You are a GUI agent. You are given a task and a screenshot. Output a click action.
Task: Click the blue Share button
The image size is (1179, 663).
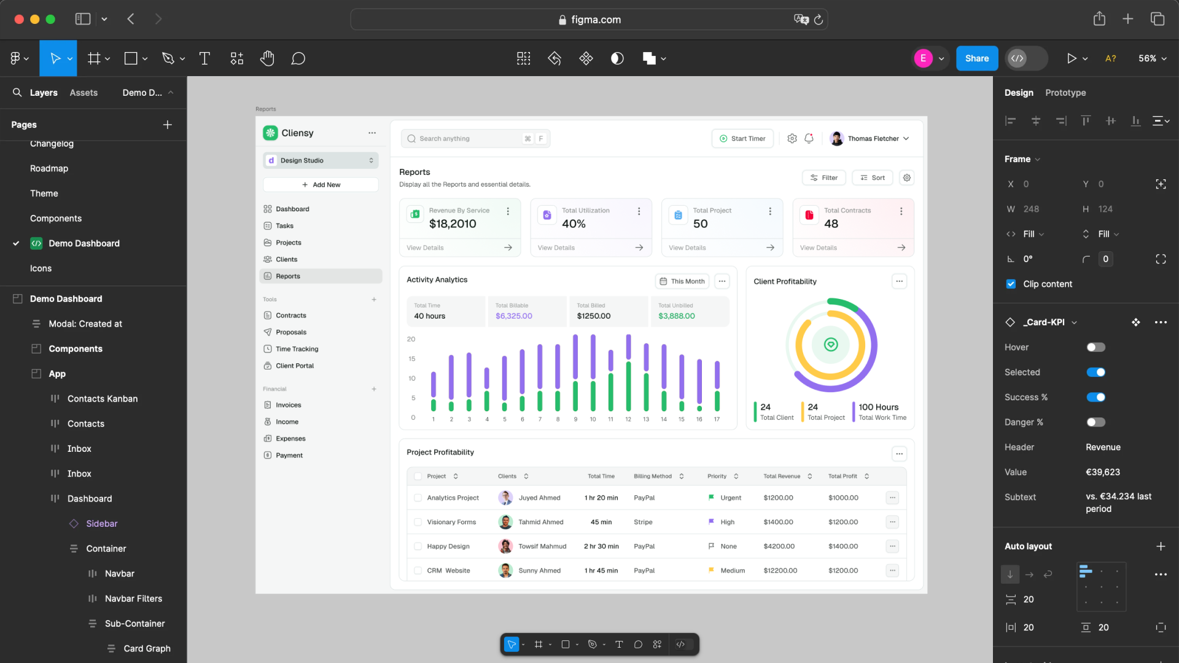(x=976, y=58)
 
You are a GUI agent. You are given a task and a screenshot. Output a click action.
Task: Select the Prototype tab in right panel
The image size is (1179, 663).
(x=1065, y=93)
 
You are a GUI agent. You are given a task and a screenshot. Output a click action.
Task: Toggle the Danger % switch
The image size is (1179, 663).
(x=1095, y=422)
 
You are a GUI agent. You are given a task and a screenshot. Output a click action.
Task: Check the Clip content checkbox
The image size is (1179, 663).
(x=1011, y=284)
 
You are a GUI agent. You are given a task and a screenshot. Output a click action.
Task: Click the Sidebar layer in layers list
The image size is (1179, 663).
(x=101, y=524)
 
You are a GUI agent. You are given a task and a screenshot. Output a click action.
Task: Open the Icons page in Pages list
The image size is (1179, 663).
(x=41, y=268)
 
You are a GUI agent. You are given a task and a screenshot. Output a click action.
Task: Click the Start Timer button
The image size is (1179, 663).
(x=742, y=139)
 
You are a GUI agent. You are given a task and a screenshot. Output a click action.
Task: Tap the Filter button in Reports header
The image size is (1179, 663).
(x=824, y=178)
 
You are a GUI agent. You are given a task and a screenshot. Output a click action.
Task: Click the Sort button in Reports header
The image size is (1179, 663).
(x=873, y=178)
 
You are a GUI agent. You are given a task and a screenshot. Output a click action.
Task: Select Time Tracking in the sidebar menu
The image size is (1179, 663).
(x=297, y=349)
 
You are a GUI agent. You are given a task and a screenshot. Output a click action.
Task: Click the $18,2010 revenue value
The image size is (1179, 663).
(x=453, y=224)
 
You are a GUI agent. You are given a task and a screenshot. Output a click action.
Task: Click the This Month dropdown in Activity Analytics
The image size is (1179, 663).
(x=682, y=282)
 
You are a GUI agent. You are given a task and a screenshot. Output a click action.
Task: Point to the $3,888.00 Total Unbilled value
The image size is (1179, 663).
(x=676, y=316)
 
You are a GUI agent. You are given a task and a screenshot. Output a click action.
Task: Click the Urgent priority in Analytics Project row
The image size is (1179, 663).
(x=730, y=498)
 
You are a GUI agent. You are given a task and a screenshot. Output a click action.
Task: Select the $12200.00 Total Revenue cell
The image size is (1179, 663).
(x=780, y=571)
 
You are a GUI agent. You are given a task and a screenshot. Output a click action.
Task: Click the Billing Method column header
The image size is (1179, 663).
(x=653, y=476)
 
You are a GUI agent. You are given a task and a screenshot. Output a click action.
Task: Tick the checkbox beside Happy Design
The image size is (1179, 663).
(x=418, y=546)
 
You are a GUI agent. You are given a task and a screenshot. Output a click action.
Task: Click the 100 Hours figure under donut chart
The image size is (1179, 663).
(x=878, y=408)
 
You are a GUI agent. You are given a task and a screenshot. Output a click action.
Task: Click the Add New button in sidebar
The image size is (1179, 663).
(x=321, y=185)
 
